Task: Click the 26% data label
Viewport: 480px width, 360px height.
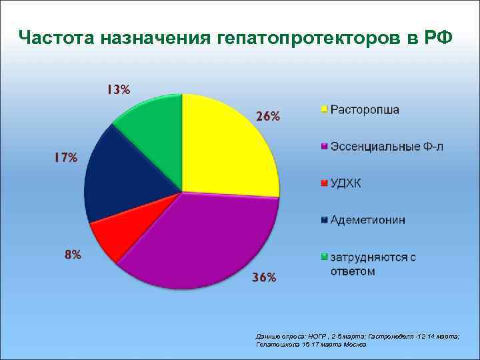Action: point(268,116)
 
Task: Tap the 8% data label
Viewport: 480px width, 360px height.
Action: point(73,254)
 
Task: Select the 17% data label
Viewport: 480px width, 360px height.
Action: point(65,158)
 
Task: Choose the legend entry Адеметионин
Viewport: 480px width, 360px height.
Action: point(368,220)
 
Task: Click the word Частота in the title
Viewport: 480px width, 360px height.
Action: point(57,37)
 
